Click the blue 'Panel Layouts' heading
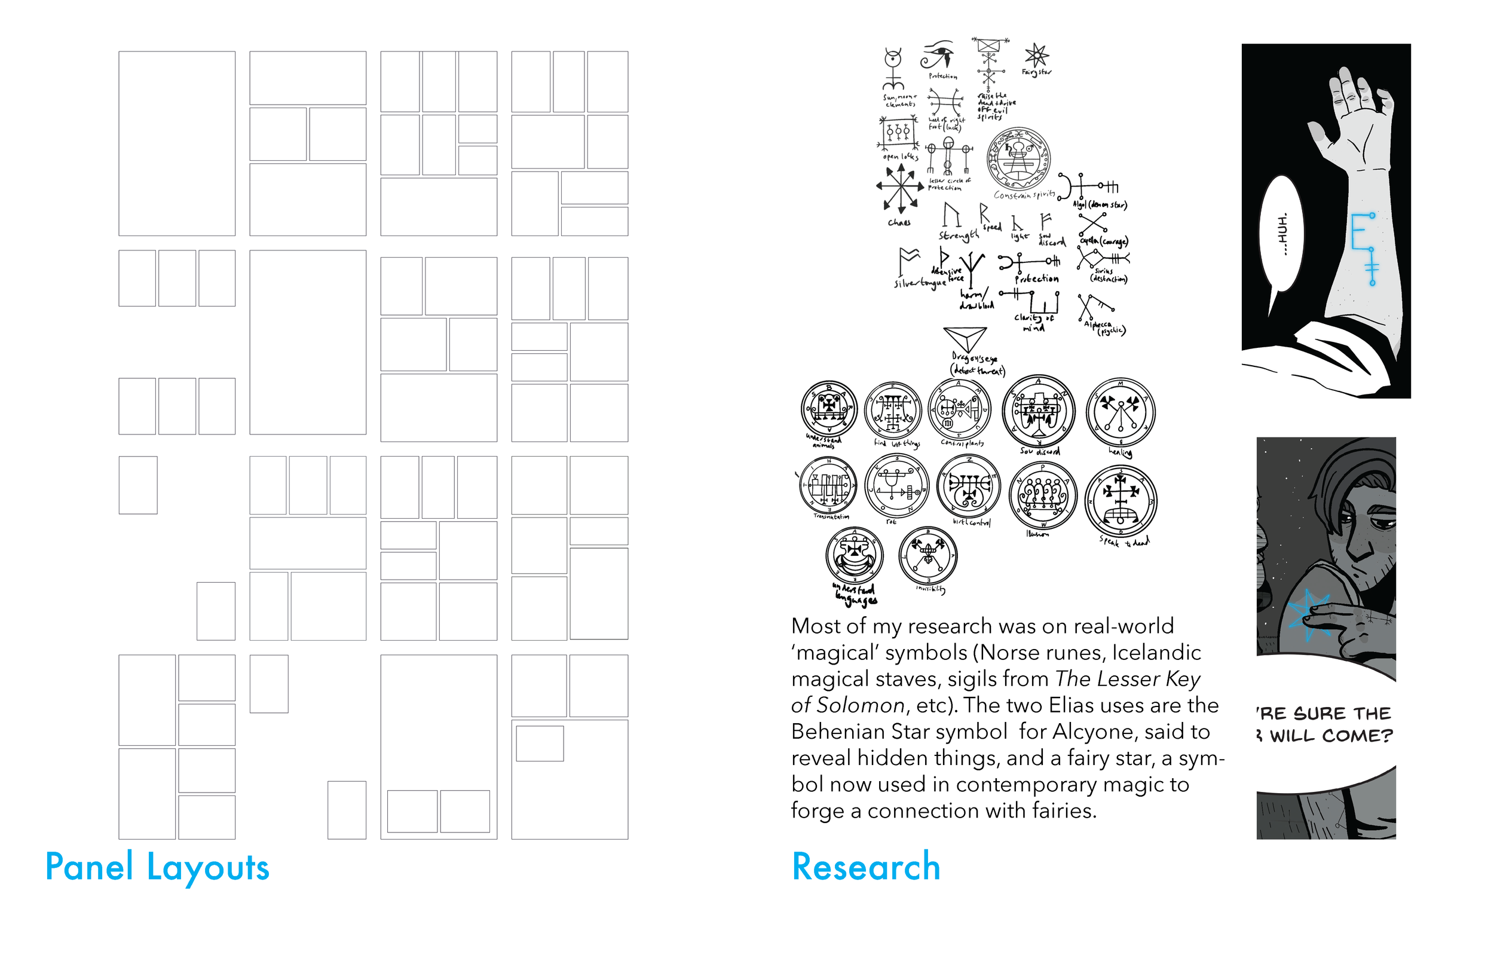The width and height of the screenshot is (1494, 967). click(157, 868)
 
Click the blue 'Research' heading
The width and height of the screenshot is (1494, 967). click(866, 867)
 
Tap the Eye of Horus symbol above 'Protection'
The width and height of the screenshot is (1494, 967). click(938, 55)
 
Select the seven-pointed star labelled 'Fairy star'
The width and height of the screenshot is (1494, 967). click(1036, 55)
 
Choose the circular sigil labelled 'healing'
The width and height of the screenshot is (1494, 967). click(1120, 413)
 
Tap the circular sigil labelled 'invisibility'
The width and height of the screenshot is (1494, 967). click(928, 556)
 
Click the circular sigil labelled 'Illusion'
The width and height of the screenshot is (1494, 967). click(1042, 495)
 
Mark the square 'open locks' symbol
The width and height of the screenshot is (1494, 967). click(898, 133)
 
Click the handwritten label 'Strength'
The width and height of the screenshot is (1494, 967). click(958, 235)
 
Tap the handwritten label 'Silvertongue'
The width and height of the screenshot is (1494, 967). click(920, 283)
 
